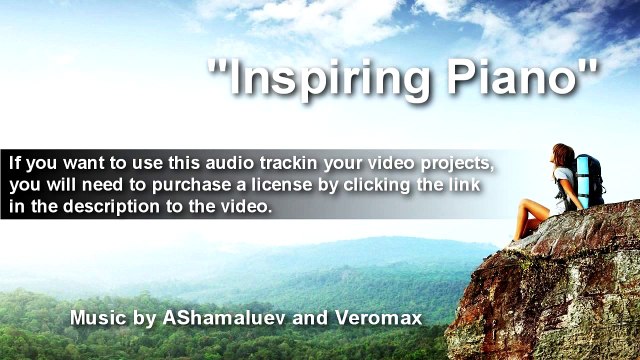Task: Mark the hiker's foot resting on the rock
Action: click(x=514, y=240)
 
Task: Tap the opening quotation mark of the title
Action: click(x=215, y=68)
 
